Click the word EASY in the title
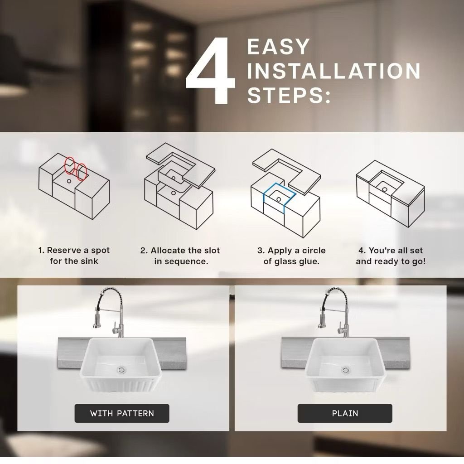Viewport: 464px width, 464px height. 278,47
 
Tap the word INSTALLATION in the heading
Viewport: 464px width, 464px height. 334,71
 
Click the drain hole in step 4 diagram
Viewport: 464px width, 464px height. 384,189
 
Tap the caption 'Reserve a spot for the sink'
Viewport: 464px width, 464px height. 74,256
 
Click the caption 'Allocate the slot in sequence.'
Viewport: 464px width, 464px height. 180,256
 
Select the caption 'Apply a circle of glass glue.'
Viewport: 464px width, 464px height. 291,256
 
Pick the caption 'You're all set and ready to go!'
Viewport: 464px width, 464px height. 391,256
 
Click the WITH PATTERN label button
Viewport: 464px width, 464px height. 122,413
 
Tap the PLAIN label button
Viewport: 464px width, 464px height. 345,413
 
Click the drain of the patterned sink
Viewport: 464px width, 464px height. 121,370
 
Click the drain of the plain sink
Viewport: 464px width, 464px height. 345,370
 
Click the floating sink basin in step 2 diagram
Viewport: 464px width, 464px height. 174,177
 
